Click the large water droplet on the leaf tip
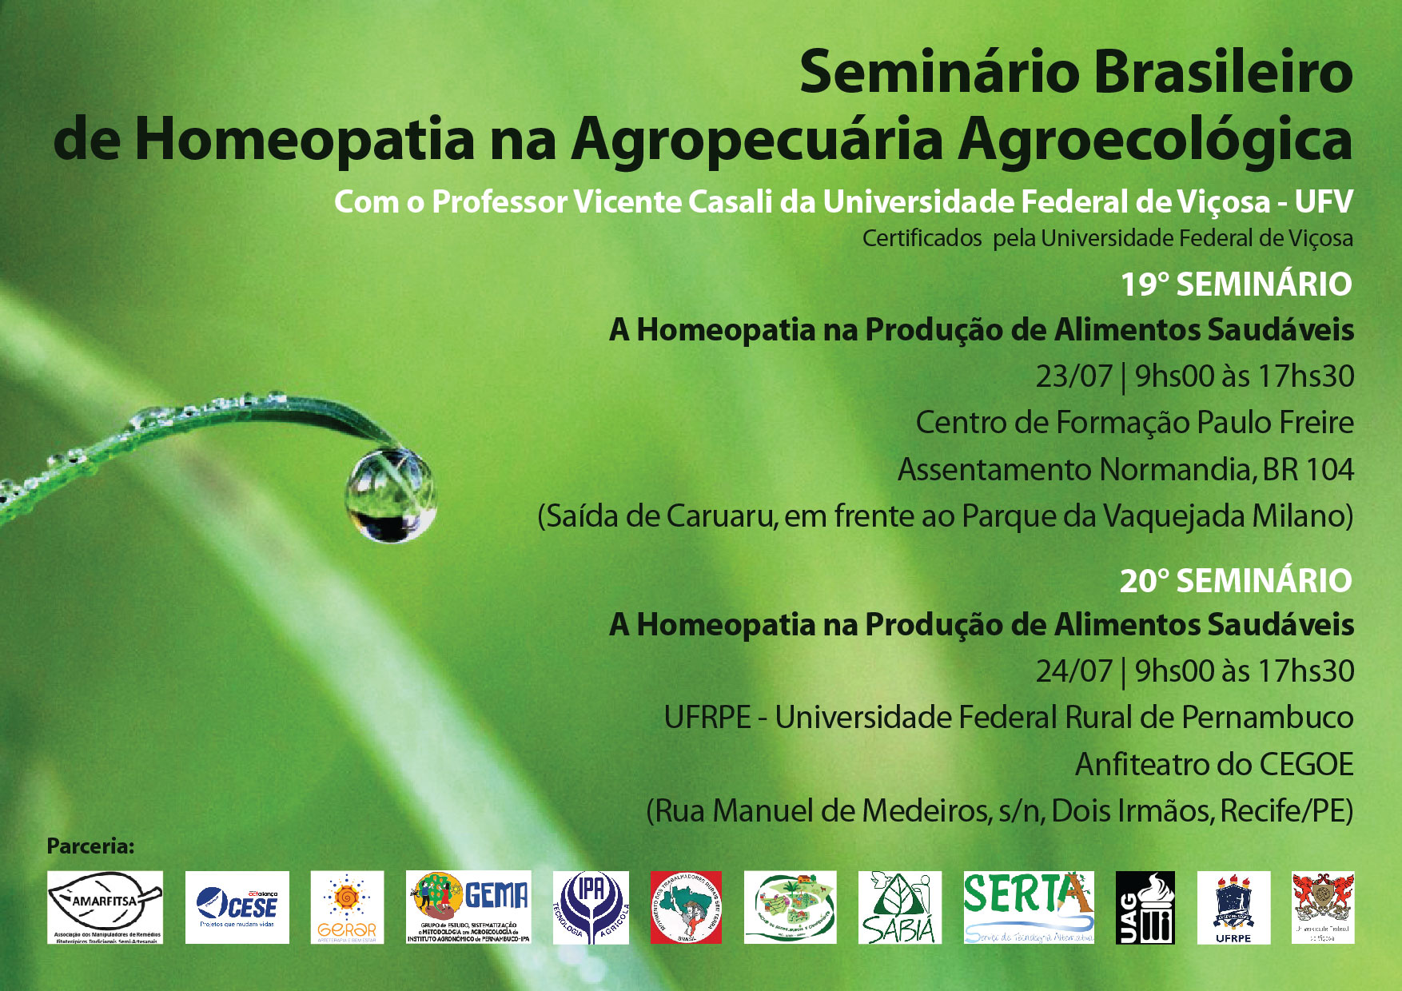[x=391, y=495]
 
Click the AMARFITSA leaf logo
[x=105, y=906]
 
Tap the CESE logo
[x=237, y=906]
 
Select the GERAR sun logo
[x=347, y=906]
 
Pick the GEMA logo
[x=468, y=906]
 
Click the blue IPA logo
[x=591, y=906]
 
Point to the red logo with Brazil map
[x=686, y=906]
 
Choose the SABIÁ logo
[x=899, y=906]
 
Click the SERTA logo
[x=1028, y=906]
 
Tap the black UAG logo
[x=1145, y=906]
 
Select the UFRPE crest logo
[x=1233, y=906]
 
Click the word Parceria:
[x=90, y=846]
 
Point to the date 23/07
[x=1073, y=376]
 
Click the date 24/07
[x=1073, y=671]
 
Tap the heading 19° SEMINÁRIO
[x=1236, y=285]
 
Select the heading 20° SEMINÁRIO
[x=1236, y=581]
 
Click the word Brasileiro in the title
[x=1222, y=72]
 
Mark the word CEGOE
[x=1306, y=765]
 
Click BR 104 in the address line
[x=1308, y=469]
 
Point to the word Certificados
[x=922, y=238]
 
